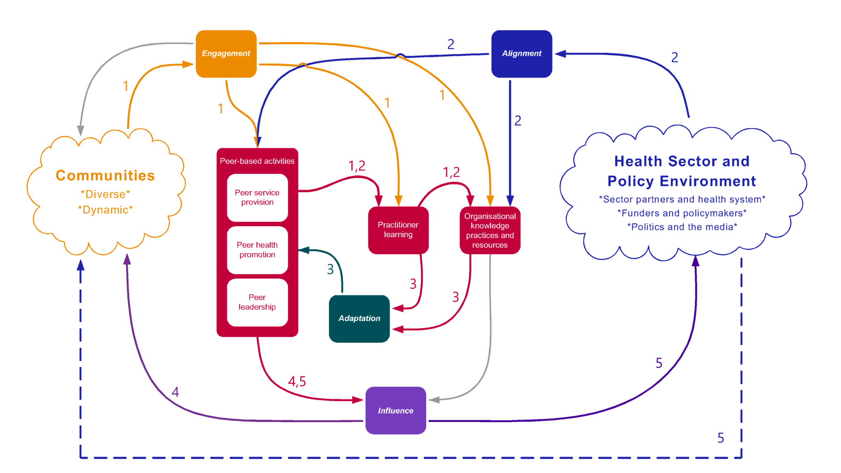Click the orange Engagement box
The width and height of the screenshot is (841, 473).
pos(226,54)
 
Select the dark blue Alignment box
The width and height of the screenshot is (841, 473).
pos(522,54)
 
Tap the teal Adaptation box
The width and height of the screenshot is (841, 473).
pos(359,319)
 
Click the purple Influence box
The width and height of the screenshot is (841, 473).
pos(395,411)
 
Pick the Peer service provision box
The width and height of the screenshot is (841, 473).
pos(257,197)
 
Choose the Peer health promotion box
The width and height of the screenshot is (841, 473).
pos(257,250)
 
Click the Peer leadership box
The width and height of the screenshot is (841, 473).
pos(257,302)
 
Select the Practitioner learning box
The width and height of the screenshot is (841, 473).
pos(398,230)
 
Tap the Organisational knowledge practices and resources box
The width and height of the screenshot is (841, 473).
pos(490,230)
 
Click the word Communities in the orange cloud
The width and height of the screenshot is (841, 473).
pos(105,176)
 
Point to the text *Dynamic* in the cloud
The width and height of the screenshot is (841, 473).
pos(105,210)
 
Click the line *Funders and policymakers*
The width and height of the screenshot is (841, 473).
pos(682,214)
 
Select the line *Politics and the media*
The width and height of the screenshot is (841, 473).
pos(682,227)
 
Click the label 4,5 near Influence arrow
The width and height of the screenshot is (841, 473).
pos(297,381)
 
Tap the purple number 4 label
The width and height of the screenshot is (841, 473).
pos(175,392)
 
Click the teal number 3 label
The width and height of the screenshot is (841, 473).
pos(330,269)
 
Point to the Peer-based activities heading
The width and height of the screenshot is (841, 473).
pos(257,161)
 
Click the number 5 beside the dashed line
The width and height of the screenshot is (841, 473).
pos(721,438)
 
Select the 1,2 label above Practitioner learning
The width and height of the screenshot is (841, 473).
pos(357,166)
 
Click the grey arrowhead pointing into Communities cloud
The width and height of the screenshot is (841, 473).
pos(81,131)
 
